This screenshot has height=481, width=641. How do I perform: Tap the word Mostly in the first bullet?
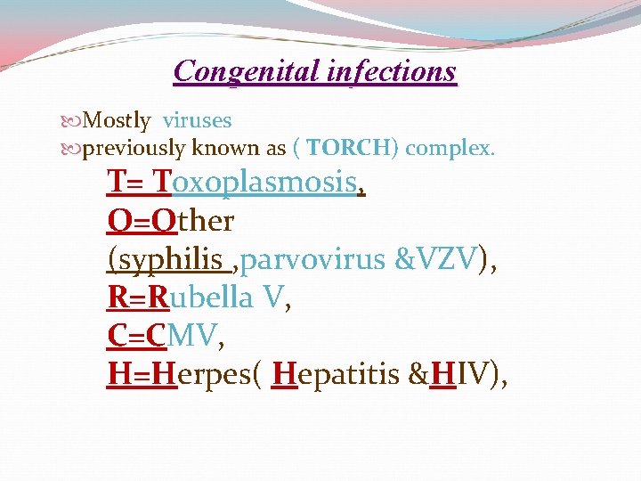click(x=117, y=120)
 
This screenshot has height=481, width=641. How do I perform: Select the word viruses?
click(x=197, y=120)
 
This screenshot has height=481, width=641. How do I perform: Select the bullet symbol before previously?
click(x=73, y=149)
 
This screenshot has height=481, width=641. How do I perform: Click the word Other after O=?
click(x=192, y=220)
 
